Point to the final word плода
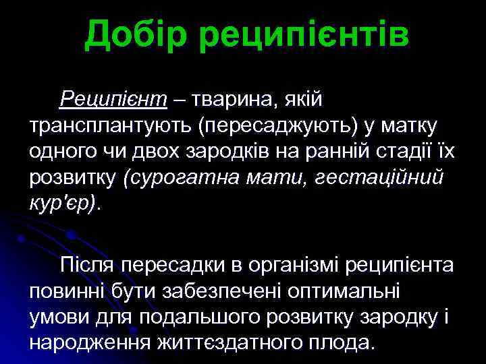[339, 342]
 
